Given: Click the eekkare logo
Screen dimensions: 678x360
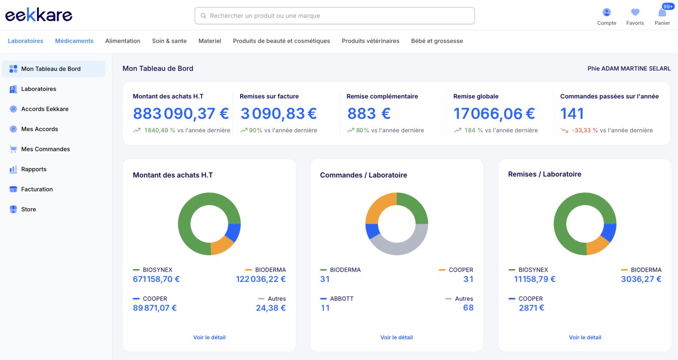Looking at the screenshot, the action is tap(39, 15).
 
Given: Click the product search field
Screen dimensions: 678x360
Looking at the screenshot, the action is tap(335, 16).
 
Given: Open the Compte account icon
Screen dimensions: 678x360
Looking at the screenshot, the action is tap(606, 12).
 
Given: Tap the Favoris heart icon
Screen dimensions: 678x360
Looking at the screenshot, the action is tap(635, 12).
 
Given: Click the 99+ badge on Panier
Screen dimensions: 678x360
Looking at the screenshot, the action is tap(667, 6).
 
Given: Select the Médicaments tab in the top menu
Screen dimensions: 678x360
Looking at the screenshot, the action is tap(74, 41).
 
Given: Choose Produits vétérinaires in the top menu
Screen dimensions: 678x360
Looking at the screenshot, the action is tap(370, 41).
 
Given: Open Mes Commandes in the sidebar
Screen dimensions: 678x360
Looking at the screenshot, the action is tap(45, 149).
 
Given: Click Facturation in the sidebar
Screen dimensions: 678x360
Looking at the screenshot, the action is tap(37, 189).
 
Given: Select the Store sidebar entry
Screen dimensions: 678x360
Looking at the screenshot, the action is tap(28, 209).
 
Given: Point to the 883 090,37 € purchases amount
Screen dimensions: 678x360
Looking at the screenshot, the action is tap(181, 113).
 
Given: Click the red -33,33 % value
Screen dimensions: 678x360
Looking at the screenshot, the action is tap(585, 131).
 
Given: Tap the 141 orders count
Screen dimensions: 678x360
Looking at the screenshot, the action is tap(572, 113).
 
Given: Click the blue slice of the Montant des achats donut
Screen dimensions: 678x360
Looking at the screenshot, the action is tap(234, 232).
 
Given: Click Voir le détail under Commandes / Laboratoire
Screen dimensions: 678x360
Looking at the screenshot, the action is tap(396, 337).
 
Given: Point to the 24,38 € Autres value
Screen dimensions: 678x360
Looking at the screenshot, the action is tap(271, 308).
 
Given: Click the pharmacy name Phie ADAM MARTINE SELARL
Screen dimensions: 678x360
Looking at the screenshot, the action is tap(629, 69).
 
